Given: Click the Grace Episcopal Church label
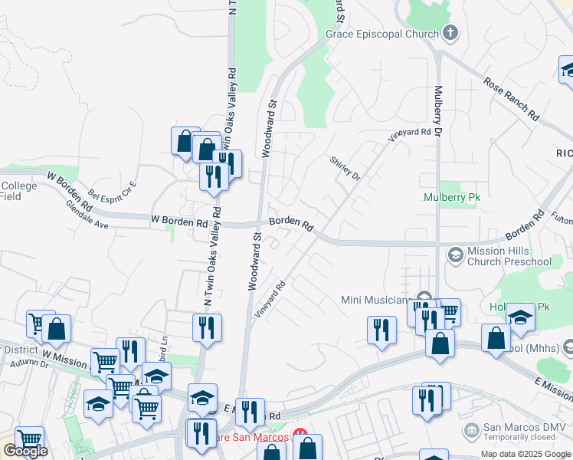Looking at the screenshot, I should [x=381, y=34].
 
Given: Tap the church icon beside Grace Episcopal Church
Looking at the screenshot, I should [x=450, y=34].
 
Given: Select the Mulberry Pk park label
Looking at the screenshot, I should [x=452, y=197].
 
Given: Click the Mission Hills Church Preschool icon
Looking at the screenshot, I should [x=454, y=254].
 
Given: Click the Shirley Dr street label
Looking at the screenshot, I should [x=345, y=168].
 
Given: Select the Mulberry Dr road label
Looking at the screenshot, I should [x=439, y=111].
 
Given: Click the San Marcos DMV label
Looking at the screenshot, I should [x=520, y=428].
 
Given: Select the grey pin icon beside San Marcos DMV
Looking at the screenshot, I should [x=471, y=428].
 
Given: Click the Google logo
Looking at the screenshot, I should [x=25, y=450].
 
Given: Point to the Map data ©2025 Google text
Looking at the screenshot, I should [x=525, y=454].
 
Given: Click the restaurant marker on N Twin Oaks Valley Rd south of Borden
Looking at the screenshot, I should [x=207, y=327].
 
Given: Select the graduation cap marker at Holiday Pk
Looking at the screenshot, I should [x=520, y=317].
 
